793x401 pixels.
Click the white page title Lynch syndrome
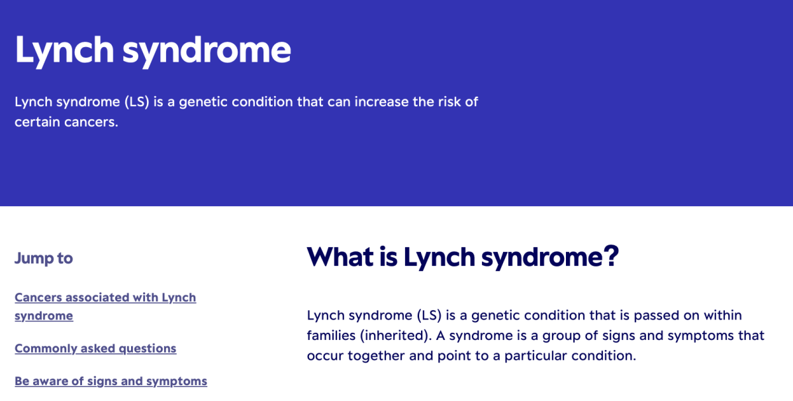pos(153,50)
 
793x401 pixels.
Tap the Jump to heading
pos(44,258)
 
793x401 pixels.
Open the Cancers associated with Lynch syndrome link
pos(105,306)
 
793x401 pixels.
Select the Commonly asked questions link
pos(95,349)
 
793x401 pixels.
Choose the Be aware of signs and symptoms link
pos(111,381)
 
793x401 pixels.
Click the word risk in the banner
pos(449,102)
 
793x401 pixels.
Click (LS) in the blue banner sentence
pos(137,102)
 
